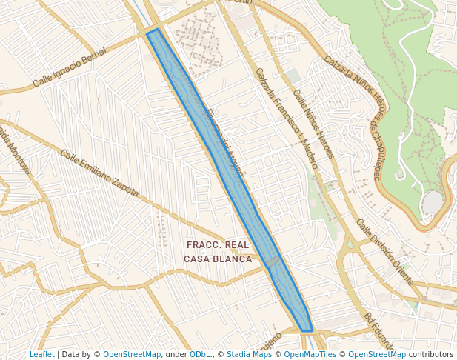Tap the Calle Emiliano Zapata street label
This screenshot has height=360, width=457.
tap(99, 174)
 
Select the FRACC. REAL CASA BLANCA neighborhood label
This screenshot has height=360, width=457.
tap(218, 252)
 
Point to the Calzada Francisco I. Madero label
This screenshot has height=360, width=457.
tap(286, 119)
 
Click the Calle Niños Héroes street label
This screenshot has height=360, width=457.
tap(313, 124)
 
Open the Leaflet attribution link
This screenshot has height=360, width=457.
tap(41, 354)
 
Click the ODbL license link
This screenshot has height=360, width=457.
tap(200, 354)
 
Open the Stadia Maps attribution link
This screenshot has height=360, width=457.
tap(249, 354)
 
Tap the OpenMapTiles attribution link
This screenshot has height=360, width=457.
tap(311, 354)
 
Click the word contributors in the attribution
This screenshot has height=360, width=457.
tap(430, 354)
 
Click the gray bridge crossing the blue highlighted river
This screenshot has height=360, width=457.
tap(274, 261)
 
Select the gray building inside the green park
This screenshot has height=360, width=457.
tap(432, 202)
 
